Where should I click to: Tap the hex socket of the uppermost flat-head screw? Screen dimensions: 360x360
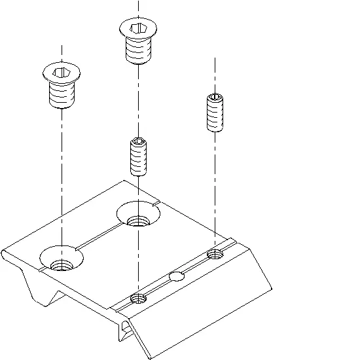(138, 28)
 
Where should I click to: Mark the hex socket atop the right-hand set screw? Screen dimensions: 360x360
(215, 98)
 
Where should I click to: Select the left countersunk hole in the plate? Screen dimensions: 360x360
(61, 260)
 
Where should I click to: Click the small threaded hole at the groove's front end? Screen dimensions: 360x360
(138, 299)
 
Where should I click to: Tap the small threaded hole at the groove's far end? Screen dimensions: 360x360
(215, 253)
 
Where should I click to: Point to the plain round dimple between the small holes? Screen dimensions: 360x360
(176, 276)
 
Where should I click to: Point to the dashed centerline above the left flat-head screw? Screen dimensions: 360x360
(60, 54)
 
